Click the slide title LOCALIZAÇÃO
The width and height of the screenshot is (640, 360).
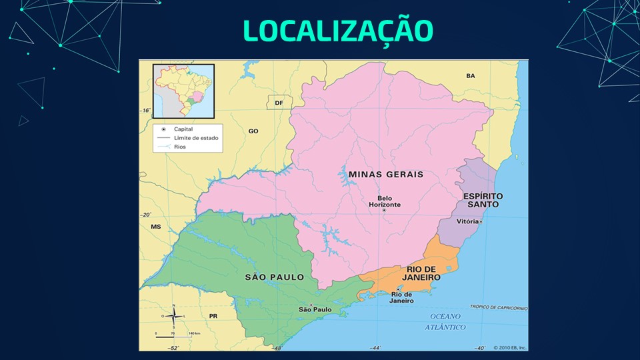[x=337, y=30]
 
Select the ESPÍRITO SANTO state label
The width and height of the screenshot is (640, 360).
[x=483, y=201]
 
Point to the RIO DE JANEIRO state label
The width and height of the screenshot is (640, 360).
[x=421, y=273]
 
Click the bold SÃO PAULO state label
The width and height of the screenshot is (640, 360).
[x=274, y=277]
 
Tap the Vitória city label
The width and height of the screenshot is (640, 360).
[x=468, y=221]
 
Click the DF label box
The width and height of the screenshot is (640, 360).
[x=279, y=103]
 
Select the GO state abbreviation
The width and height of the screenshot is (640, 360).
[x=253, y=131]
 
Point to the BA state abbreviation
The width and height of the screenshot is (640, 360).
[x=471, y=76]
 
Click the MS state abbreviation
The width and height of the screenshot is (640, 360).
[x=156, y=227]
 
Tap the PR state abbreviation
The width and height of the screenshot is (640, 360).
[x=213, y=315]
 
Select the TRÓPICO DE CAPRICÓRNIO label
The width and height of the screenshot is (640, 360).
[x=499, y=307]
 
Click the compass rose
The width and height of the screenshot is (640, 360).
[x=173, y=316]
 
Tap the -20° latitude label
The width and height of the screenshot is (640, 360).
[x=146, y=215]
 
